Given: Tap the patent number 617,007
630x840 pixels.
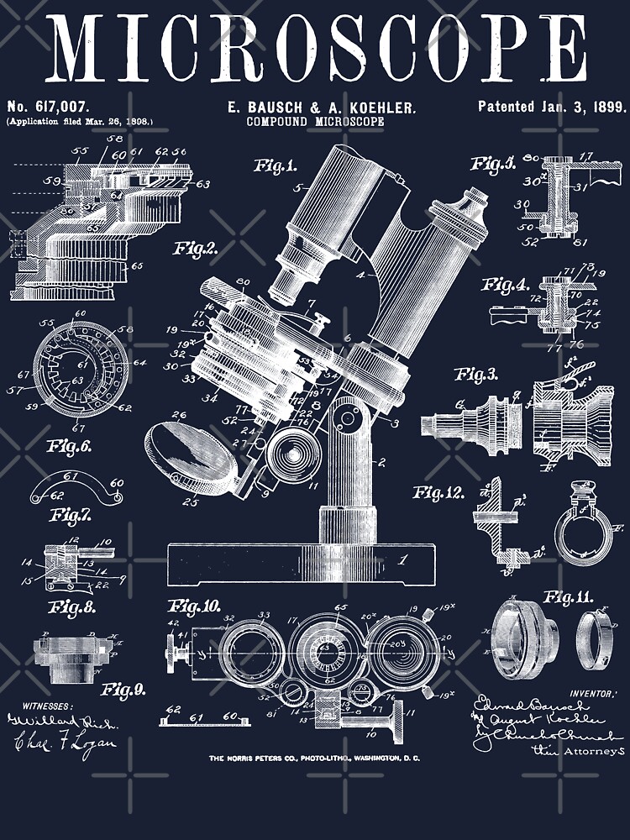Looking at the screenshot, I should [x=48, y=107].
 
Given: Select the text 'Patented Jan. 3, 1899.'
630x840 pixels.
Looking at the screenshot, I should [x=552, y=107].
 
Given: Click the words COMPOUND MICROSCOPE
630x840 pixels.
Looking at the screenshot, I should [x=315, y=122].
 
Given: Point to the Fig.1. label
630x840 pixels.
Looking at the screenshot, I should [x=276, y=166].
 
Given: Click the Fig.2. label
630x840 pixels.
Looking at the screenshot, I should [x=196, y=248].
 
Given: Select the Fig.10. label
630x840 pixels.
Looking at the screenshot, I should [x=194, y=605].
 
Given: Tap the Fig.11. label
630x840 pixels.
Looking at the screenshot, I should [x=567, y=597].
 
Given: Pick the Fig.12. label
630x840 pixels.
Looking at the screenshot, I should [x=439, y=492].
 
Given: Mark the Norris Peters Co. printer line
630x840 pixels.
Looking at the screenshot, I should [x=315, y=759].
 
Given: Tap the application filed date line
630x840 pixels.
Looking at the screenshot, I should [x=80, y=122].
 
